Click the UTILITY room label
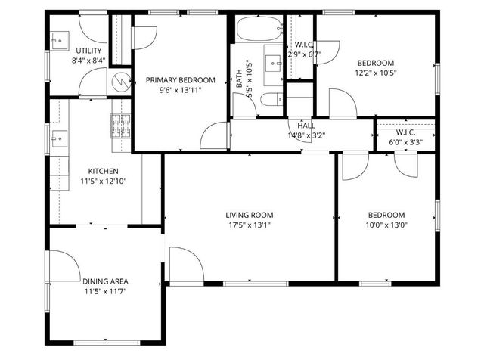click(x=89, y=50)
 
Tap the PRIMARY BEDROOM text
click(x=181, y=80)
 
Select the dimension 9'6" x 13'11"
click(x=181, y=91)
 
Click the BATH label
click(x=239, y=79)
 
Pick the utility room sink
click(x=60, y=38)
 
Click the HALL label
click(x=306, y=126)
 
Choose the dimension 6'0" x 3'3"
click(x=405, y=141)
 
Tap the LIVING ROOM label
click(x=249, y=214)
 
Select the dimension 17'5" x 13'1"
click(x=249, y=225)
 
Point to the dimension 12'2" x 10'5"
click(x=376, y=73)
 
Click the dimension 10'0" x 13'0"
click(x=386, y=225)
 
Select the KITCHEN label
click(x=103, y=170)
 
